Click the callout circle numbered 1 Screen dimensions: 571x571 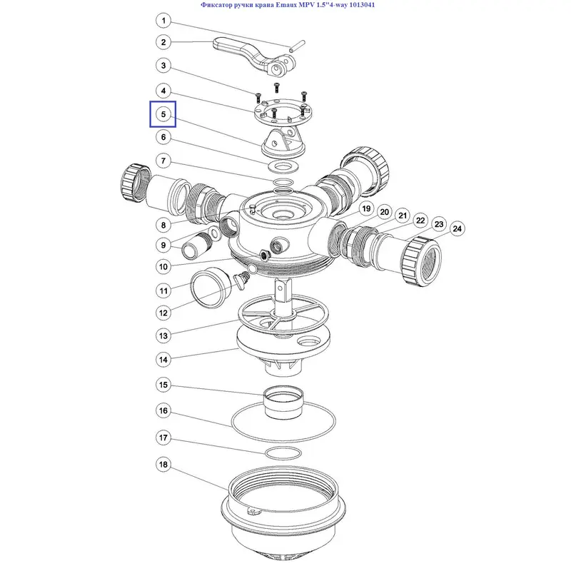point(163,21)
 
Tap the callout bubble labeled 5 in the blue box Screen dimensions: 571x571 point(163,114)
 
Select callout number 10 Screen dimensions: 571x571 point(163,266)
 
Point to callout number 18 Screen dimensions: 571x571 point(163,465)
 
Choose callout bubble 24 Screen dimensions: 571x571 point(457,228)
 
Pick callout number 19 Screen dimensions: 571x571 point(366,208)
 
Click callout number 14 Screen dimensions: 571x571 point(163,360)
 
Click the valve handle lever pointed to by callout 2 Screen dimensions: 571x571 point(254,56)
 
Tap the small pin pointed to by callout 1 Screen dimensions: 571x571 point(297,46)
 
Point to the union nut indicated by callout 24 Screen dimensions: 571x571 point(421,261)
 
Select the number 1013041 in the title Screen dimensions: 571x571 point(360,5)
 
